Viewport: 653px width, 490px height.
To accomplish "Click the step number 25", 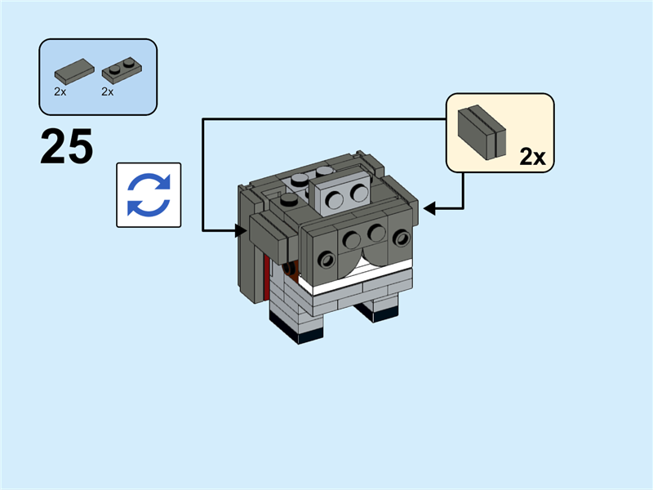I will [66, 148].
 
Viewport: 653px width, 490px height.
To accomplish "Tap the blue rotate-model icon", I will [149, 194].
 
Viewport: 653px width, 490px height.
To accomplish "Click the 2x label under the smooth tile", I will [60, 92].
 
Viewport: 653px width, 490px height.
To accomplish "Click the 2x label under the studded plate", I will [107, 92].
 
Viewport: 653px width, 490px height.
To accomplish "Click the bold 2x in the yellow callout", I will [531, 158].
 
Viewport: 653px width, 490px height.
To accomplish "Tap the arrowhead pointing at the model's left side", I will [242, 230].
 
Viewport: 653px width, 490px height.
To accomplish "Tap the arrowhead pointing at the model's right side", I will [429, 210].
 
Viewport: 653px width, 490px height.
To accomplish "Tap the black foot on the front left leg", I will [299, 333].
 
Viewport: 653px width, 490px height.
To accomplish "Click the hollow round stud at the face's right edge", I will [401, 238].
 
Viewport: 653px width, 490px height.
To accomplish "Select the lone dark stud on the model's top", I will [288, 199].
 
